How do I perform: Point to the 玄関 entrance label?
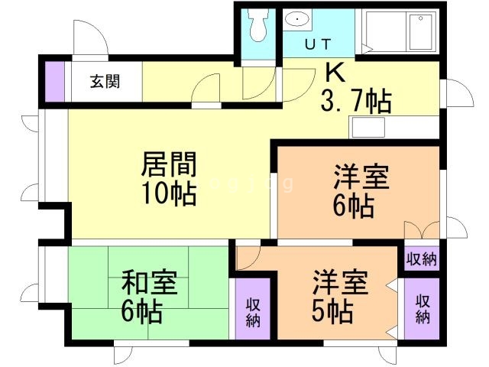click(x=105, y=82)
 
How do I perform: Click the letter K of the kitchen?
click(x=335, y=73)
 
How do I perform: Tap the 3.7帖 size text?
click(x=355, y=99)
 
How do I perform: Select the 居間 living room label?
click(x=170, y=164)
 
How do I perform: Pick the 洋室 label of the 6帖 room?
click(x=361, y=177)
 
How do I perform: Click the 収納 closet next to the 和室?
click(x=253, y=311)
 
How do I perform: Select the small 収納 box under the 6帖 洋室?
click(x=421, y=259)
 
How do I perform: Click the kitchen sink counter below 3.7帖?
click(x=393, y=127)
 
